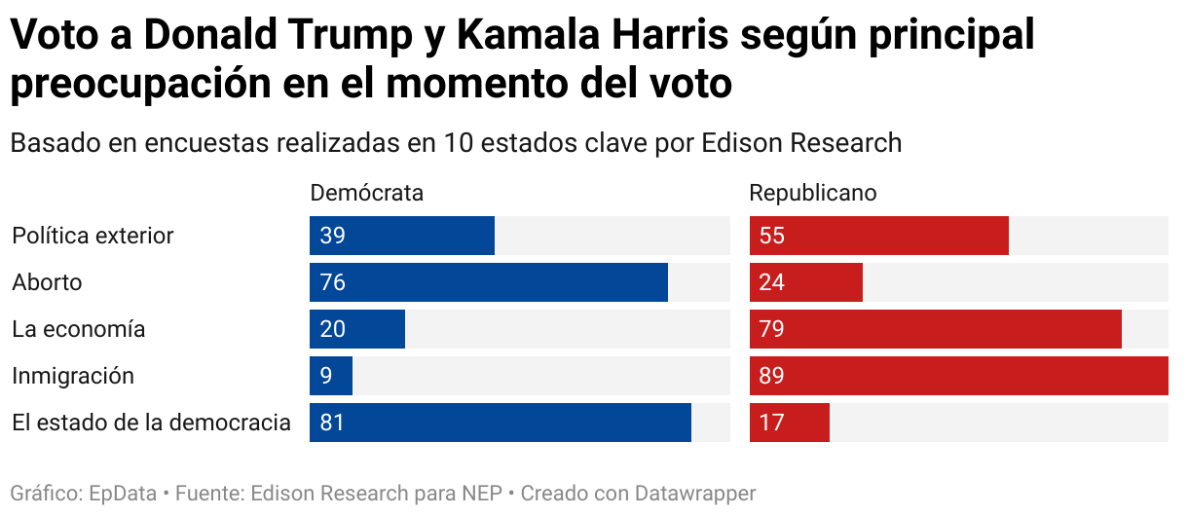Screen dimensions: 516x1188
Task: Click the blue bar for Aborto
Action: [x=489, y=282]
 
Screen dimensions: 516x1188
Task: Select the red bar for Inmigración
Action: [x=958, y=376]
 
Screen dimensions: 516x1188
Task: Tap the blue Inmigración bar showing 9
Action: [x=331, y=376]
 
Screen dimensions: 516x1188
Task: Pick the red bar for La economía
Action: [x=935, y=329]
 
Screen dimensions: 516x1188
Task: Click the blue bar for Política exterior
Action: [x=402, y=236]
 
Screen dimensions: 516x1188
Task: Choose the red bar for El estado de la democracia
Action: [x=790, y=423]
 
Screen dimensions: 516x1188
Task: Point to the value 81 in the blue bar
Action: [x=333, y=423]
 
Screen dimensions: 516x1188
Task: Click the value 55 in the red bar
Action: [x=772, y=236]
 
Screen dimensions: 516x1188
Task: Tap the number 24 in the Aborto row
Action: [x=772, y=282]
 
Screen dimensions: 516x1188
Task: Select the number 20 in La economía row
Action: [x=333, y=329]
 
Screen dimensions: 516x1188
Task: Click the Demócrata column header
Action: [x=366, y=193]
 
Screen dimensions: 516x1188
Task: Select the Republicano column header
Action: [x=813, y=193]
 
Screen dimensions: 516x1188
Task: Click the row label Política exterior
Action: [x=93, y=236]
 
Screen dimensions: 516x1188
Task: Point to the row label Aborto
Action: [x=47, y=282]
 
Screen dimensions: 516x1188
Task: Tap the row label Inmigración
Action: [x=73, y=376]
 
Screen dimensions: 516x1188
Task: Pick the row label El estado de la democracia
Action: [x=151, y=423]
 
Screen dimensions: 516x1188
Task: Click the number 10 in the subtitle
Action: [x=458, y=143]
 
